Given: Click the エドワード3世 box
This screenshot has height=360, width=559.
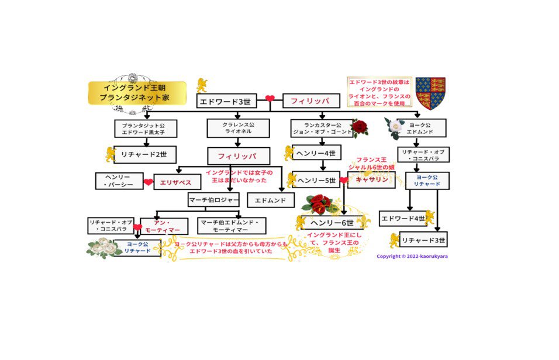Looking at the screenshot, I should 225,101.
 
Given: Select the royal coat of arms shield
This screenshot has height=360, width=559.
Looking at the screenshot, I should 430,93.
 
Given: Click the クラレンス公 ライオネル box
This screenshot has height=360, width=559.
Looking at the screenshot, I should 237,128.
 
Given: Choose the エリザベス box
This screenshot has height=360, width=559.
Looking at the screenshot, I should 177,182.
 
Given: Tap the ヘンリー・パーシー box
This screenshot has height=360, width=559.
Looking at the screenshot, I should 119,181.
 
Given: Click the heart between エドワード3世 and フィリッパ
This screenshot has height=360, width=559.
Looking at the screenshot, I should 270,99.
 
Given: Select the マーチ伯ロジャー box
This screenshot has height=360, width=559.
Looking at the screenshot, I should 213,200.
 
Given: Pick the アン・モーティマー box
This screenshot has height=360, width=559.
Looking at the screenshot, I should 164,226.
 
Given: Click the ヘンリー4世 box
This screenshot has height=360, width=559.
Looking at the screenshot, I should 316,154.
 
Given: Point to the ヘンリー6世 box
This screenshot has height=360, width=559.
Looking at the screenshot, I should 332,223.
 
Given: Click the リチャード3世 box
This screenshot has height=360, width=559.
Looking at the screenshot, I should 423,239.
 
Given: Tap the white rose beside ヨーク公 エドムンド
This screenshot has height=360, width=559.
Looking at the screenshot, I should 395,127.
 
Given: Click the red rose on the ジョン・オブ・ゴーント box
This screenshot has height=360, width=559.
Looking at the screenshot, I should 359,127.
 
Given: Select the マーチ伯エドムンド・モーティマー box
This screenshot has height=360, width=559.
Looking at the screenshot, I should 232,226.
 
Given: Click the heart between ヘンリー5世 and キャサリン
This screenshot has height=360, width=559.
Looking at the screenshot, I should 344,181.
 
